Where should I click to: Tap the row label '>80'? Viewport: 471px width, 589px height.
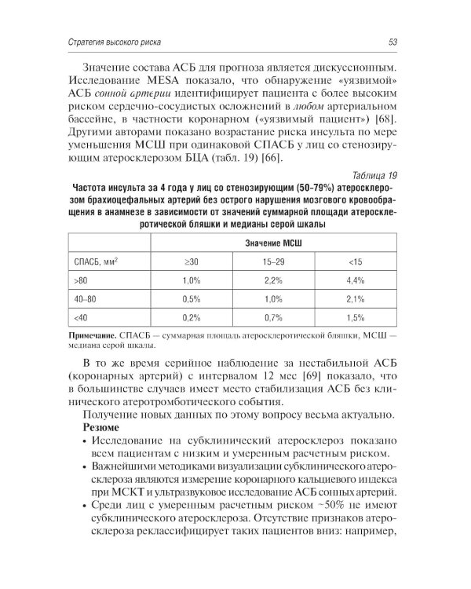(x=81, y=280)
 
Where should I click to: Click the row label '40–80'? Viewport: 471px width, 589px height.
(x=85, y=299)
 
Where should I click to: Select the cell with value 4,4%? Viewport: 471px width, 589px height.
(x=355, y=280)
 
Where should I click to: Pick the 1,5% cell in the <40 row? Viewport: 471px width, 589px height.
(x=355, y=318)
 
